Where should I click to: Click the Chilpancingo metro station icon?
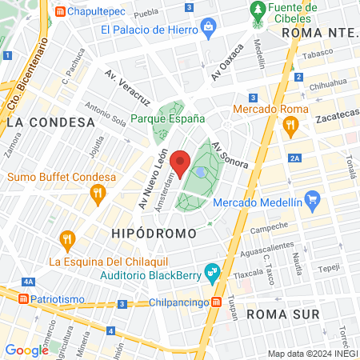217,302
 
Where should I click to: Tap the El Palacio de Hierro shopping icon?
208,30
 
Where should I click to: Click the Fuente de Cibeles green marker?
258,10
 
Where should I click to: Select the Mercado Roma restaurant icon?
290,125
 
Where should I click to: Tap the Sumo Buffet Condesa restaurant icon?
98,192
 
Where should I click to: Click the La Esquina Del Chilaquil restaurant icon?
67,238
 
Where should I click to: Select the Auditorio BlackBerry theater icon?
212,273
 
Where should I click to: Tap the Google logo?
26,350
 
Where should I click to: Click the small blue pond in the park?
200,171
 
